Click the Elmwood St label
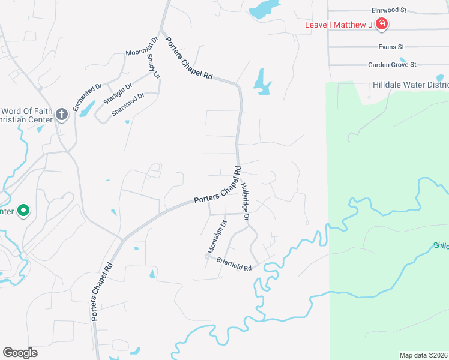(389, 10)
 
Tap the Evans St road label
(391, 46)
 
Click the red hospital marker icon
(382, 24)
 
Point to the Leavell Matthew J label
(339, 25)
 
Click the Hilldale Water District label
(411, 85)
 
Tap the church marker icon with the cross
(61, 114)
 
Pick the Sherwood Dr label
(128, 104)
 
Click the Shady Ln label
(153, 66)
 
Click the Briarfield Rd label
(233, 265)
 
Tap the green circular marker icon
(23, 211)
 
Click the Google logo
(20, 353)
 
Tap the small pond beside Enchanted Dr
(87, 109)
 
